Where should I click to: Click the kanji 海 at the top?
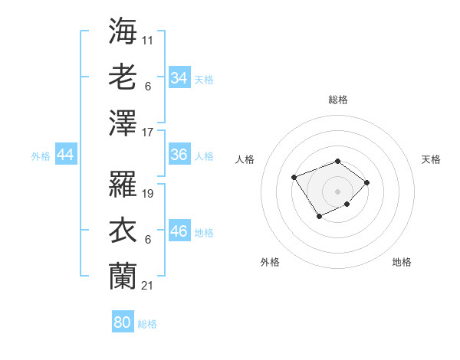coord(123,30)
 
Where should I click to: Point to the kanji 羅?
coord(123,183)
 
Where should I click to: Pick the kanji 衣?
coord(123,230)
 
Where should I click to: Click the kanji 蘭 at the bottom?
coord(123,276)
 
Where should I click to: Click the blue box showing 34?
coord(179,78)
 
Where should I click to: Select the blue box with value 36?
coord(179,155)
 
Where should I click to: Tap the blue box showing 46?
coord(179,231)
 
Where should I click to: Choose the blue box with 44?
coord(66,155)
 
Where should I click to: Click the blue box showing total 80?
coord(123,322)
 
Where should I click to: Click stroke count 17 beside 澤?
coord(149,132)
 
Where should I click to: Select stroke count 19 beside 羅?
coord(149,193)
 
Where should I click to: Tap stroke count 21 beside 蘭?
coord(149,285)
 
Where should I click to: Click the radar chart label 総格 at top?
coord(337,100)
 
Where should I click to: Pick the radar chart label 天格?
coord(431,159)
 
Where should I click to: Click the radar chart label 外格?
coord(270,262)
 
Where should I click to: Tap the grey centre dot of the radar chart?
coord(337,191)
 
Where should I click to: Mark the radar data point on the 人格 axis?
coord(294,177)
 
